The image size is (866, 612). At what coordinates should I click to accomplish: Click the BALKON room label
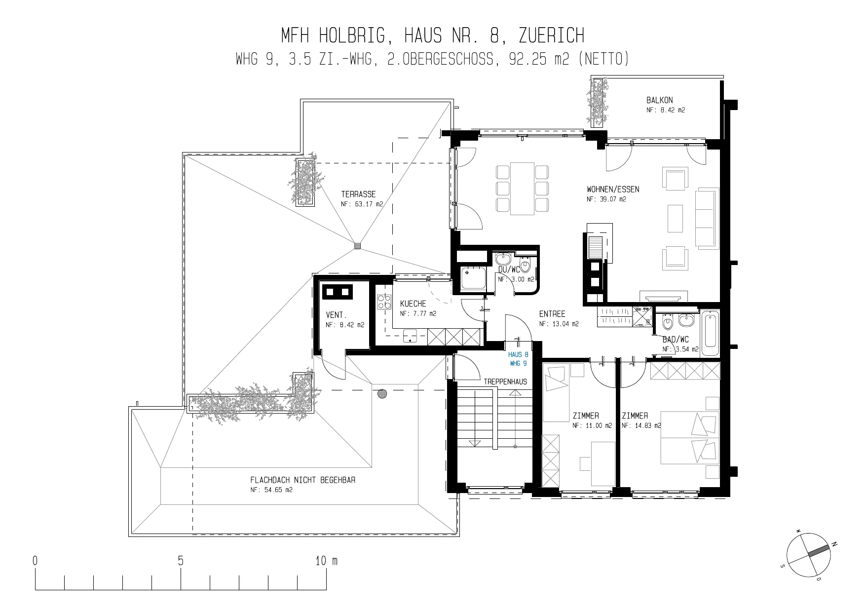point(659,100)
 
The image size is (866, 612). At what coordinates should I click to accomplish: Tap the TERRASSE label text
point(358,194)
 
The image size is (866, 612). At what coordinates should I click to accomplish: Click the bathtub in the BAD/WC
point(711,333)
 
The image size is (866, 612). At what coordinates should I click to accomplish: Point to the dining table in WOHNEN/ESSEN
point(523,189)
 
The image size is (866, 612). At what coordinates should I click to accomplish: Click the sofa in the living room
point(707,218)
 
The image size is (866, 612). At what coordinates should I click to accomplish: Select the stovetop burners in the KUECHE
point(383,302)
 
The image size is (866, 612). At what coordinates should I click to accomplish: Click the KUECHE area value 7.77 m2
point(418,313)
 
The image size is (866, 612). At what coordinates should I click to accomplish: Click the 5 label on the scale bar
point(181,561)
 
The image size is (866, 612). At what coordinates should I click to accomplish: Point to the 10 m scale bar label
point(327,561)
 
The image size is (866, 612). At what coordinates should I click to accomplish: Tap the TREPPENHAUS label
point(505,382)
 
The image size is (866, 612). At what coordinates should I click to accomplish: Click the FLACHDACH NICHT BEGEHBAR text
point(303,480)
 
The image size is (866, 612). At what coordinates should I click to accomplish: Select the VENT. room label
point(336,315)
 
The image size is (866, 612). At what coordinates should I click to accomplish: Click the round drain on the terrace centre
point(357,245)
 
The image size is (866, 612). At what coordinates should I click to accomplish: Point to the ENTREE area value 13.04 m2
point(559,324)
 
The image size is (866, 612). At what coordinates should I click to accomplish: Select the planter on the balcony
point(598,101)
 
